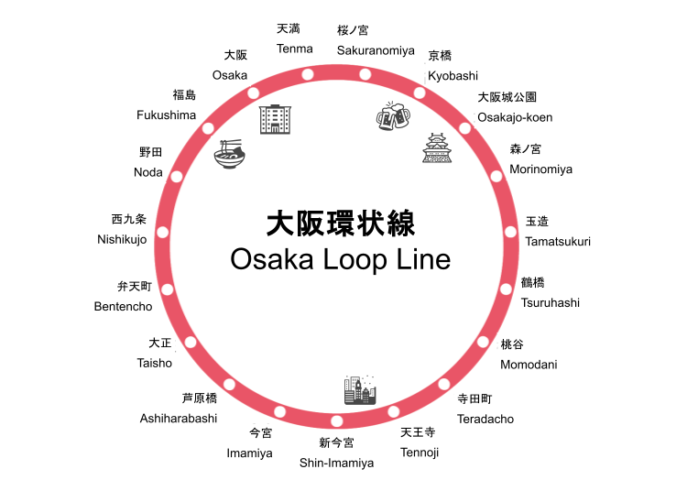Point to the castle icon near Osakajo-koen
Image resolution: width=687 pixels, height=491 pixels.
click(x=437, y=147)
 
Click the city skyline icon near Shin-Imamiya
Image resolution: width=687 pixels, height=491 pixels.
click(x=359, y=390)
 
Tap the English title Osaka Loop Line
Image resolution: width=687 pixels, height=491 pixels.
click(x=341, y=259)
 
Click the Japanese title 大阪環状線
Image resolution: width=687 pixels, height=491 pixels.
click(x=341, y=224)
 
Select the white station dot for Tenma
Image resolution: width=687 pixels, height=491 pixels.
click(x=308, y=74)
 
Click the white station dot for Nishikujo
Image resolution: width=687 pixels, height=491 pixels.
click(x=163, y=232)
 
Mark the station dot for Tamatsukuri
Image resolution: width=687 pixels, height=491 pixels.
click(x=510, y=232)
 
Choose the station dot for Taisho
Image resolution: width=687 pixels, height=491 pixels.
click(x=191, y=342)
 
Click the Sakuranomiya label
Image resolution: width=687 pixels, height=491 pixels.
click(x=376, y=49)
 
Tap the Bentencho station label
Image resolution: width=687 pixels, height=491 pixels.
click(x=123, y=306)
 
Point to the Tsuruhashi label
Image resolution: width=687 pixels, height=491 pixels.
click(x=550, y=302)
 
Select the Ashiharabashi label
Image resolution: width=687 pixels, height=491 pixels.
click(x=179, y=418)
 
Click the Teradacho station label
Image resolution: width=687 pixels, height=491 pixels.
click(x=485, y=419)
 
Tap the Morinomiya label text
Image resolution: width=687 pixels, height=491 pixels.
click(x=540, y=169)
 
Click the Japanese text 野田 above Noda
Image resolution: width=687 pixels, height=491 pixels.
click(x=150, y=152)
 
